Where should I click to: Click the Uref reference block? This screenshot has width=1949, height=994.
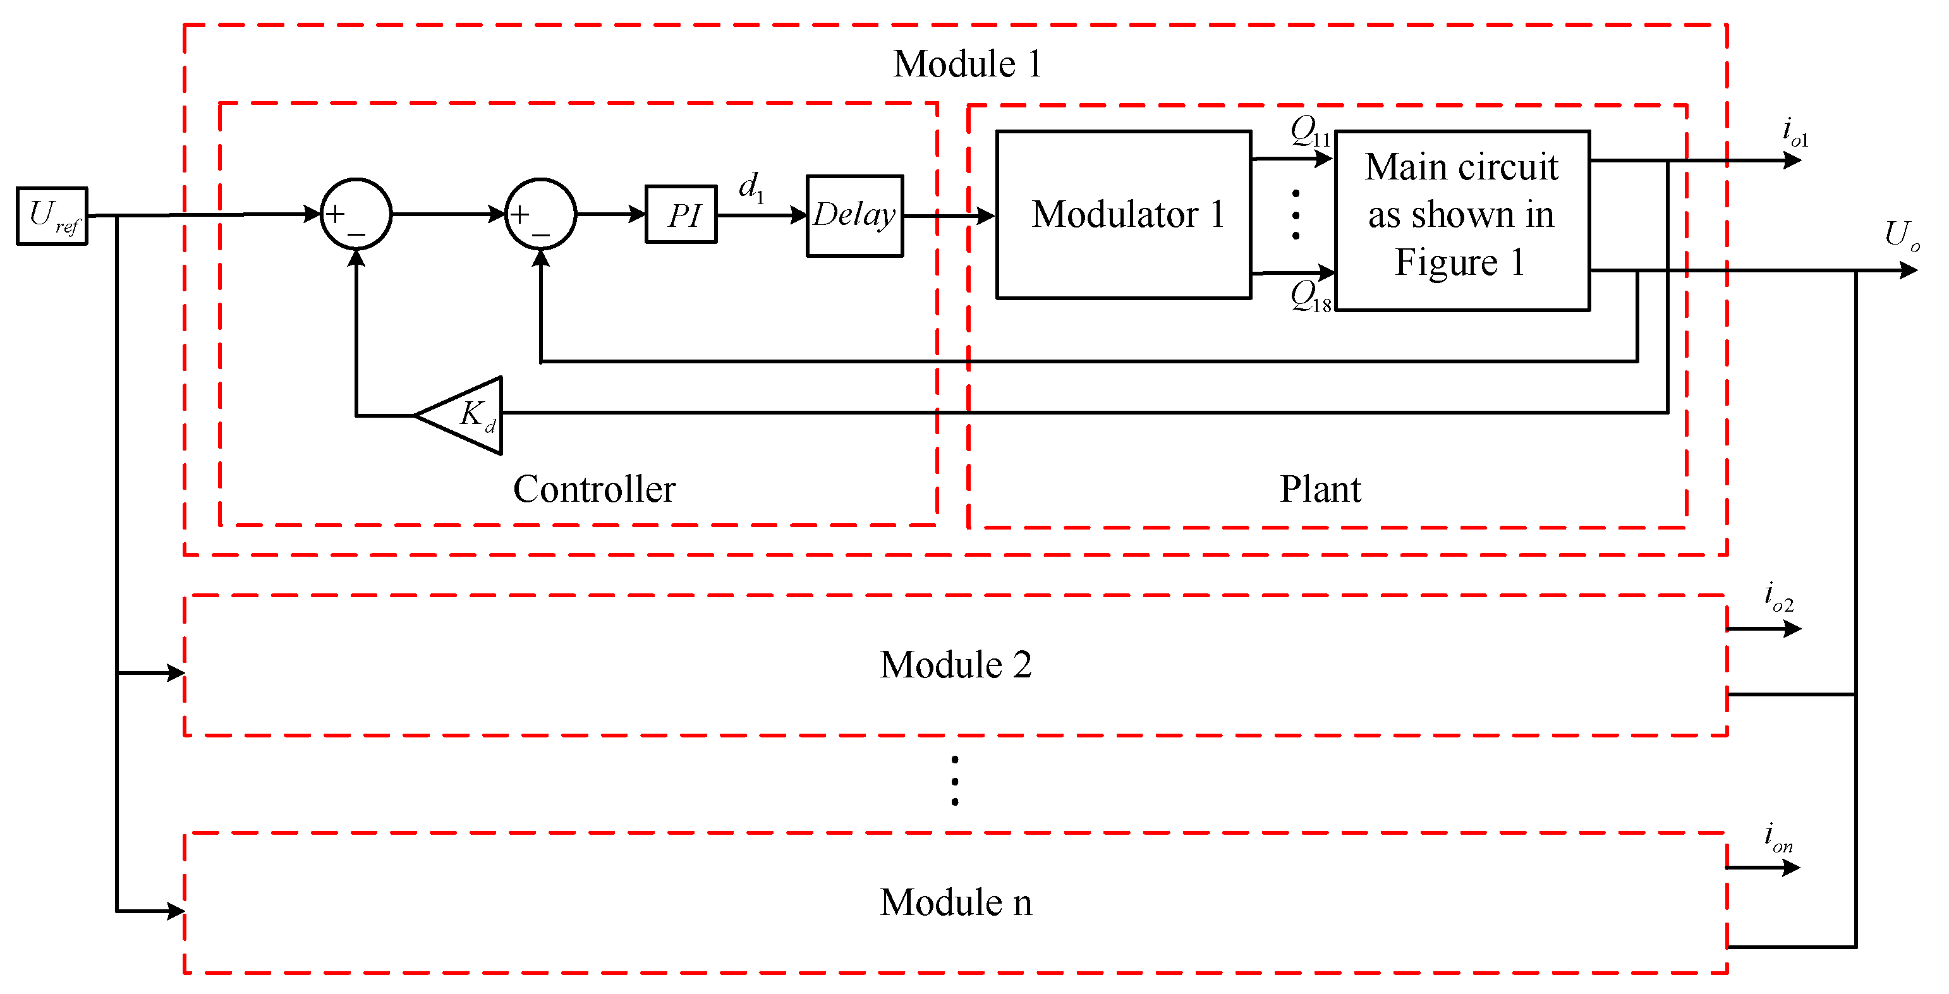click(x=52, y=215)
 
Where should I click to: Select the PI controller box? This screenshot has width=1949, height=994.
click(x=681, y=215)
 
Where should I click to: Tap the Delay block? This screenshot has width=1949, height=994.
click(x=855, y=215)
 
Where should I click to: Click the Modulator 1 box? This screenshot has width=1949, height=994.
click(x=1124, y=215)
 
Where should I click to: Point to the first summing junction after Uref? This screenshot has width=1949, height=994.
click(x=356, y=214)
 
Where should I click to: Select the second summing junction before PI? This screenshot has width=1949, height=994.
click(x=540, y=214)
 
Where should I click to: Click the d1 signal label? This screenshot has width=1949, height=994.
click(x=751, y=186)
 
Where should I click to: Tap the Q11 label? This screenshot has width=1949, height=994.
click(x=1309, y=132)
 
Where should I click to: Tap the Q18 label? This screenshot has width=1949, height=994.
click(x=1309, y=296)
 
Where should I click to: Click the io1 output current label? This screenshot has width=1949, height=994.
click(x=1795, y=132)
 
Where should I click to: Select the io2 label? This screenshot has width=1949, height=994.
click(x=1778, y=598)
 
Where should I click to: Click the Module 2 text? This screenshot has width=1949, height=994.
click(x=956, y=665)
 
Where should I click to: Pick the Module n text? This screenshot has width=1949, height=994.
click(x=956, y=902)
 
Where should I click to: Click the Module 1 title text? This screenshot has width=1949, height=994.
click(x=967, y=64)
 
